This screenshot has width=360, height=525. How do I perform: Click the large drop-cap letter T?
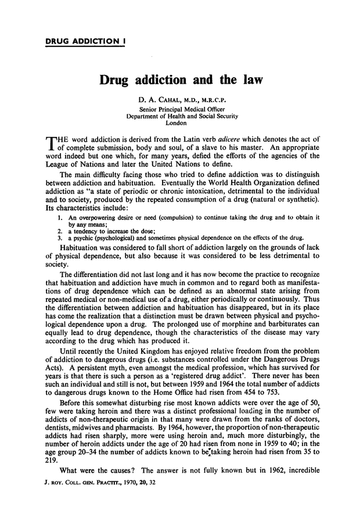[52, 145]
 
